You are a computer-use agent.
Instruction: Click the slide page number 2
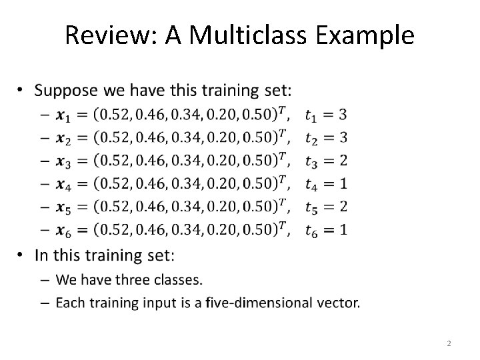point(449,343)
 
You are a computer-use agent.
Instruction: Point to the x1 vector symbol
point(64,116)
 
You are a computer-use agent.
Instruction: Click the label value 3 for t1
point(342,115)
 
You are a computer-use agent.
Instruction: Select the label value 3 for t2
point(342,138)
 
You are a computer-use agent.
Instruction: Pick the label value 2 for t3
point(342,161)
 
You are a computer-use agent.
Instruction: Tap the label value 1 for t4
point(342,184)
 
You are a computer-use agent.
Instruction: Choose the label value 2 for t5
point(342,207)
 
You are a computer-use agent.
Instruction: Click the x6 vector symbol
point(64,231)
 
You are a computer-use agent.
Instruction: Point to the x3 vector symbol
point(64,162)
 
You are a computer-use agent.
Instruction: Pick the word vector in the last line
point(337,303)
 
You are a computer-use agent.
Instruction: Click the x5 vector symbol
point(64,208)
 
